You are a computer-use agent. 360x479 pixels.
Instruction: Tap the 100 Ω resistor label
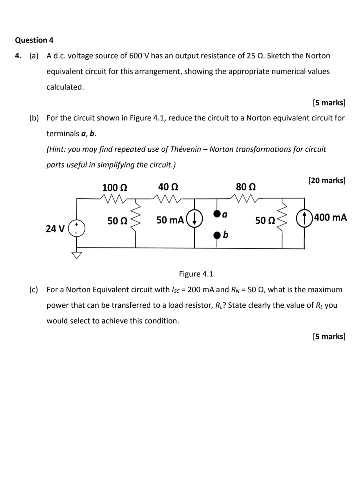click(x=115, y=187)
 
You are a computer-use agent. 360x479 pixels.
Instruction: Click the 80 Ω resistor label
click(x=246, y=187)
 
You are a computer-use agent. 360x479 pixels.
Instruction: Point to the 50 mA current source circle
click(x=194, y=218)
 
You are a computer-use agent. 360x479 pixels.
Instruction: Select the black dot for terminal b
click(x=217, y=235)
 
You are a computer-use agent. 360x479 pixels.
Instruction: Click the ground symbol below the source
click(x=77, y=255)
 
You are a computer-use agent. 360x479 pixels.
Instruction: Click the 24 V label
click(x=55, y=229)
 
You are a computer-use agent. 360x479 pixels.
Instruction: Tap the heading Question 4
click(x=34, y=40)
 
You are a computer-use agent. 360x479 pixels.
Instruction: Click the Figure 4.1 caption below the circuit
click(x=196, y=274)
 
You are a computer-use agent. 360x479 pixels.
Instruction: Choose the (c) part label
click(x=34, y=290)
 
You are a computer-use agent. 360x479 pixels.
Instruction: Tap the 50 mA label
click(x=170, y=220)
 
